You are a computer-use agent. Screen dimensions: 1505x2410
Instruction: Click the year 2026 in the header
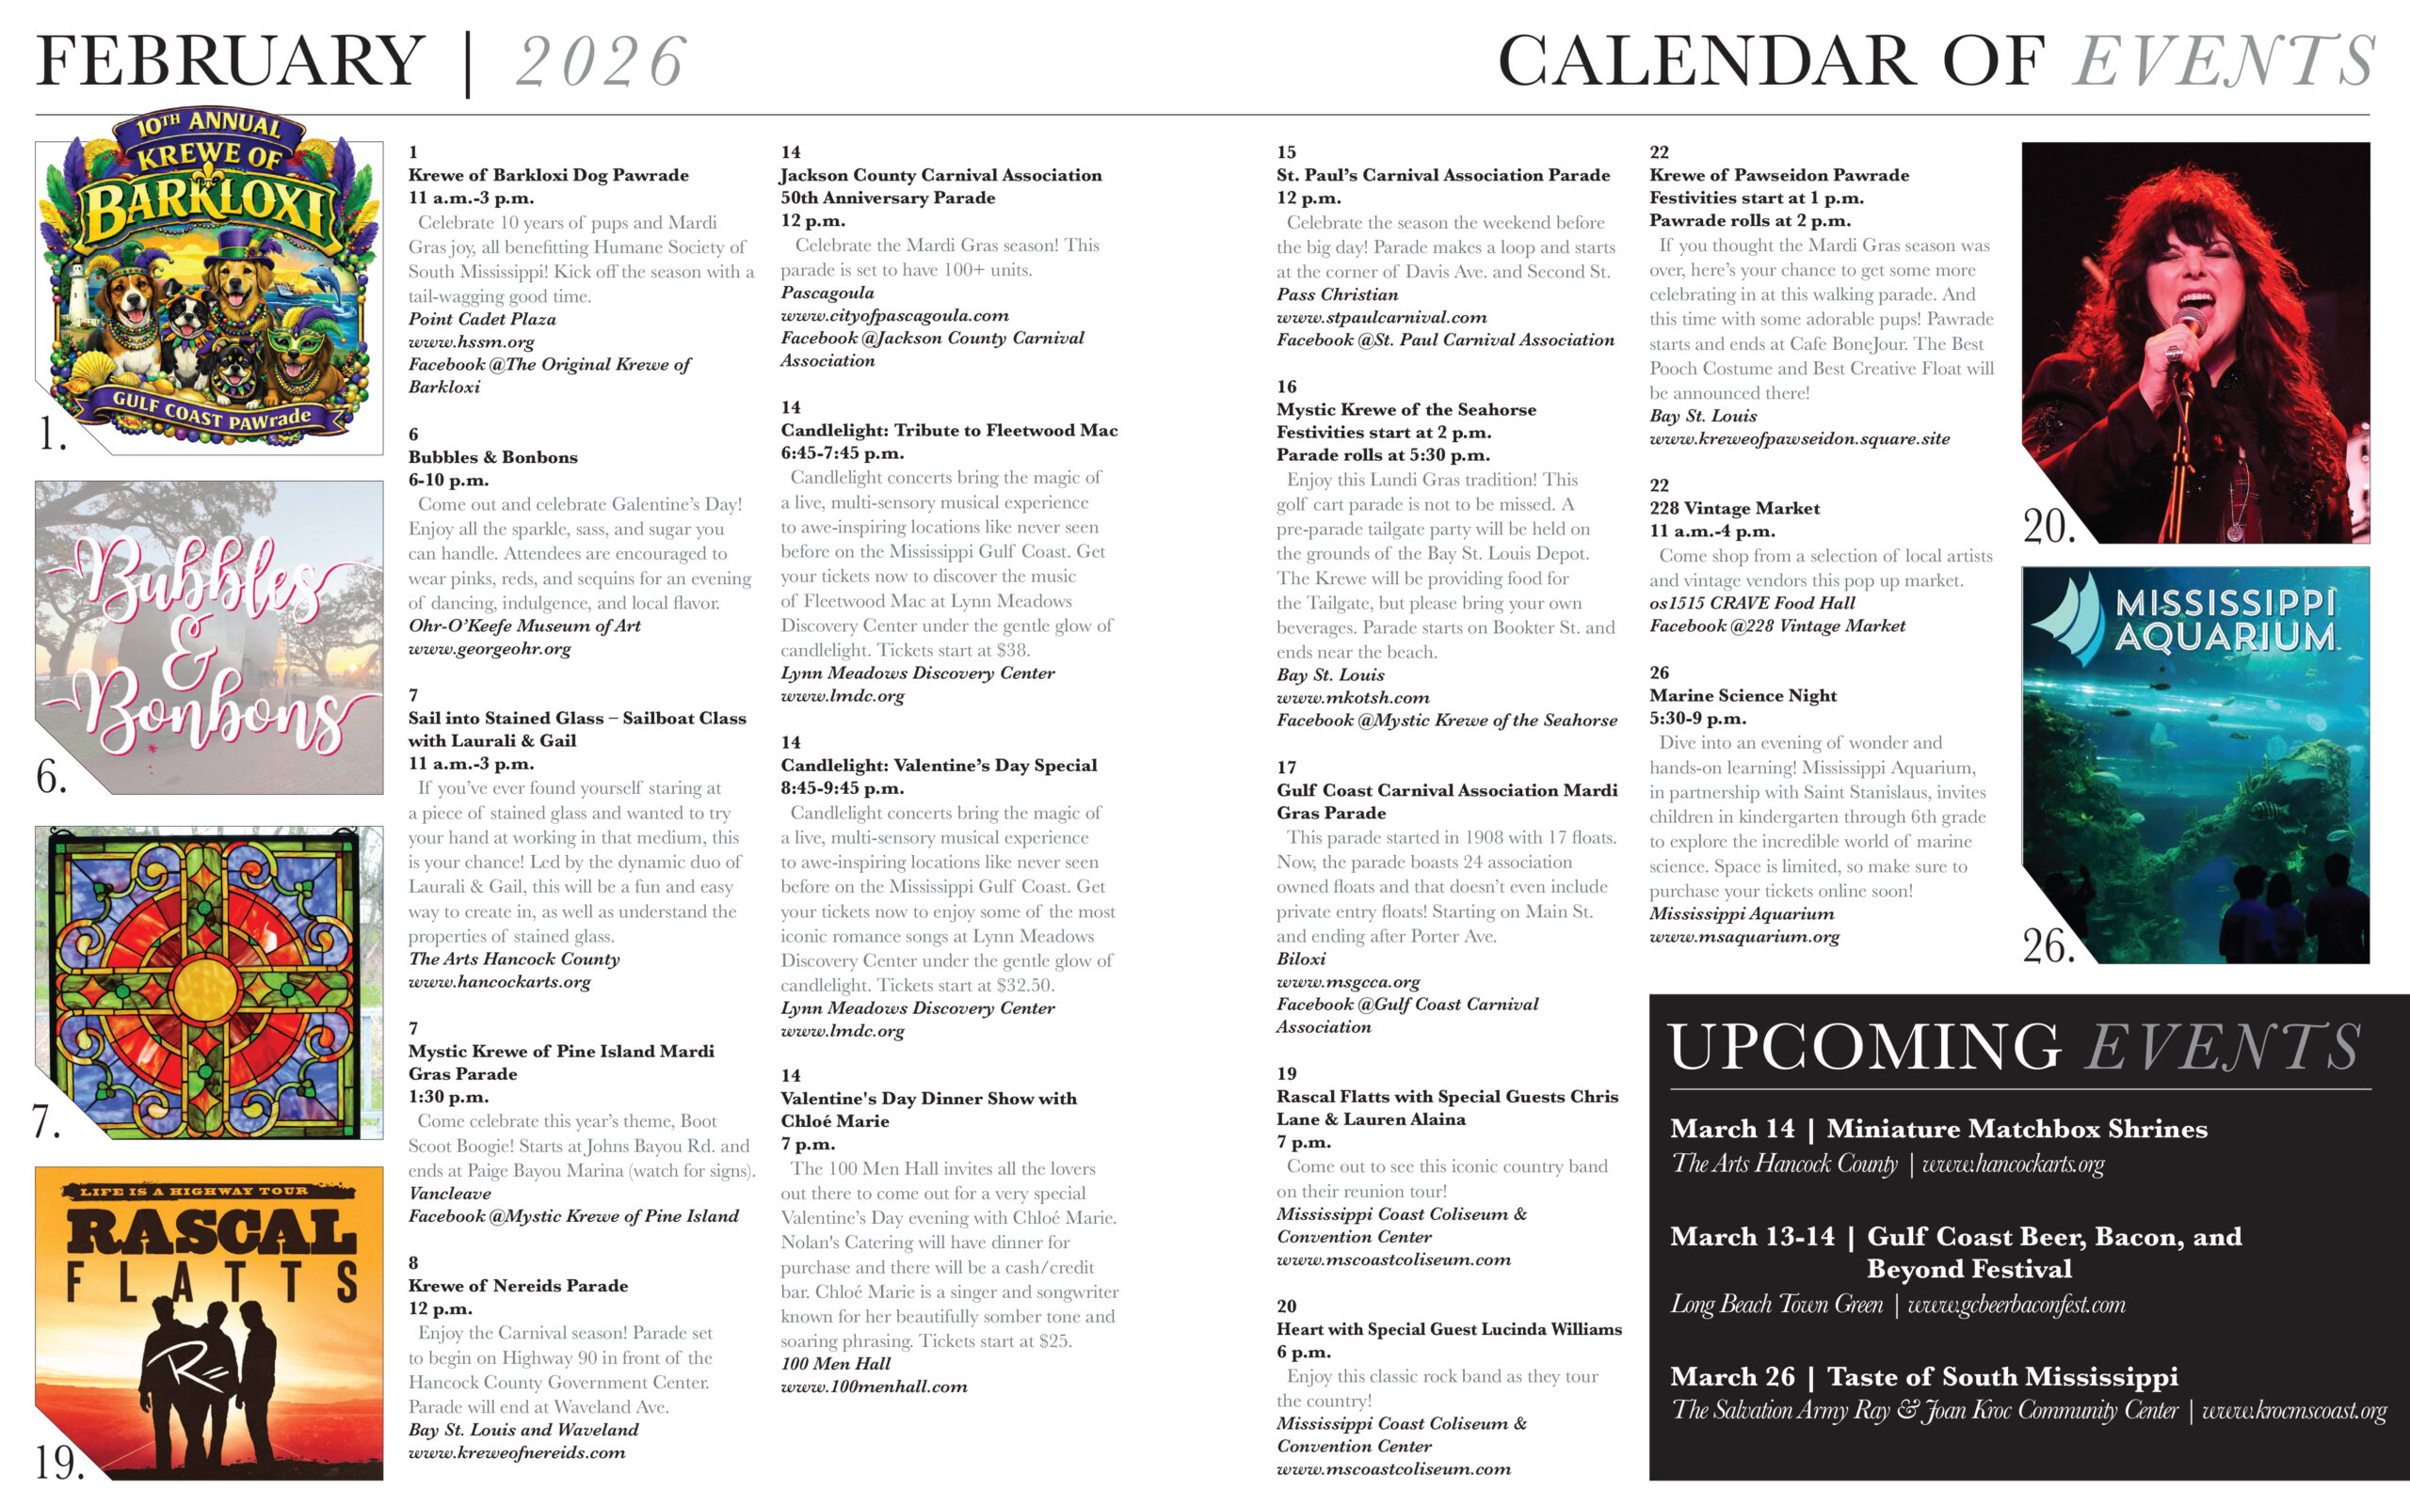pos(601,62)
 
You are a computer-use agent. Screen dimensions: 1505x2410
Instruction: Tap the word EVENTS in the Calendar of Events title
pos(2225,62)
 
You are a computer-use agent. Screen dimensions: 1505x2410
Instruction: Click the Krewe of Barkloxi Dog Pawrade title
pos(548,175)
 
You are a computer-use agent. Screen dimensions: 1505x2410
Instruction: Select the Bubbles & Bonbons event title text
pos(492,457)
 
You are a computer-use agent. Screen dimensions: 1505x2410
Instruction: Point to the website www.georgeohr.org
pos(489,649)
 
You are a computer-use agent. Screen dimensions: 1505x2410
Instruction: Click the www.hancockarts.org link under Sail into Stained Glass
pos(499,982)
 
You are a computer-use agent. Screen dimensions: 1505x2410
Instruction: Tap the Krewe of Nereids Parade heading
pos(518,1286)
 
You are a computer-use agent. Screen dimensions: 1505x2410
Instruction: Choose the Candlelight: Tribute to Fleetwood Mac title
pos(948,430)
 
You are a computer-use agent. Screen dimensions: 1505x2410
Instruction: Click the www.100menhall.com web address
pos(874,1386)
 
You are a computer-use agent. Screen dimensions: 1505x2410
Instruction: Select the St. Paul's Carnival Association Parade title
pos(1442,175)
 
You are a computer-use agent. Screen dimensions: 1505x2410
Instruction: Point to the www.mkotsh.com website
pos(1353,698)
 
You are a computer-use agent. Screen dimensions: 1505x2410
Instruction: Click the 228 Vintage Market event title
pos(1734,509)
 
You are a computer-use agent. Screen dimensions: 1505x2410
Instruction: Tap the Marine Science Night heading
pos(1743,696)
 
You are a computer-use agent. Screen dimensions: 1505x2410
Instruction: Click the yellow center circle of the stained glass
pos(206,988)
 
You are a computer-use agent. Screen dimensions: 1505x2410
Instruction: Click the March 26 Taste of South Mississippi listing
pos(1923,1376)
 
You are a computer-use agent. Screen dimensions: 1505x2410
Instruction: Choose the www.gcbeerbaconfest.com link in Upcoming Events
pos(2016,1305)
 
